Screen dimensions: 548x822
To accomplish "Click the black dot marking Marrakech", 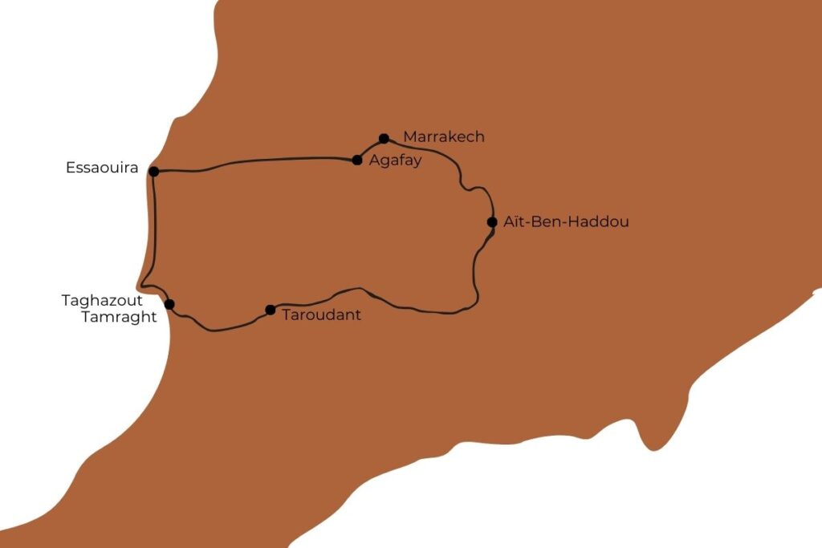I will pyautogui.click(x=384, y=138).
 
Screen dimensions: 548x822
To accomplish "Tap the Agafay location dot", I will pyautogui.click(x=357, y=160).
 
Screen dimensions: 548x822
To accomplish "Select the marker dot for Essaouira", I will pyautogui.click(x=153, y=171).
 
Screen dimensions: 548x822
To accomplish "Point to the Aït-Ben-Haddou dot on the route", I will pyautogui.click(x=492, y=222).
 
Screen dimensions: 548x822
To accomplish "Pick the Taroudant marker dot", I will pyautogui.click(x=271, y=310).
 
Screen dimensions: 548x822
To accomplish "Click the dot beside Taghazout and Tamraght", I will pyautogui.click(x=169, y=304).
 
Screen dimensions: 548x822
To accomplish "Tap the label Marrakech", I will pyautogui.click(x=444, y=137).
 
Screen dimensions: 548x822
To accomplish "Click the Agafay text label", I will pyautogui.click(x=395, y=160).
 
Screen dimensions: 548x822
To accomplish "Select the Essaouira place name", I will pyautogui.click(x=102, y=169).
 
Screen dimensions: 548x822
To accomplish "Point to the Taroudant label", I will pyautogui.click(x=321, y=315).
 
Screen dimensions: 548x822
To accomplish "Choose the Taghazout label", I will pyautogui.click(x=102, y=301).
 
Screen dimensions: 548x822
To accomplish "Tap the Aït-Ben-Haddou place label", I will pyautogui.click(x=566, y=222).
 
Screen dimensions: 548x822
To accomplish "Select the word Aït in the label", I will pyautogui.click(x=514, y=222).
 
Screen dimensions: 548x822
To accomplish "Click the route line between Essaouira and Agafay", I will pyautogui.click(x=257, y=162).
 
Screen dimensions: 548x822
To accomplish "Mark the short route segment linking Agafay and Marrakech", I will pyautogui.click(x=369, y=148).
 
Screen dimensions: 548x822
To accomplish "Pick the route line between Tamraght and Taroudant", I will pyautogui.click(x=217, y=329).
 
